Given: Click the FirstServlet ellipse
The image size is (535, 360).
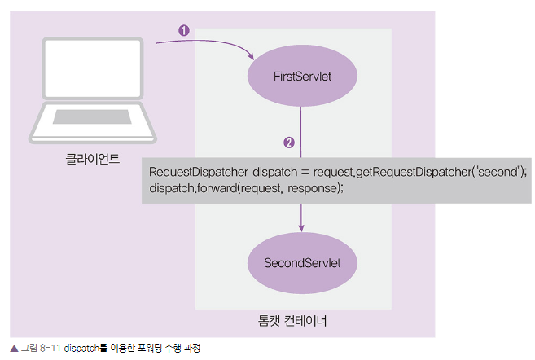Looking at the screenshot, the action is click(302, 76).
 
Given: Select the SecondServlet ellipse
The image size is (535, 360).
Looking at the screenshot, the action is click(302, 263).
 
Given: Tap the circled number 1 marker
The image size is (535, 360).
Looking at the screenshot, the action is click(184, 30).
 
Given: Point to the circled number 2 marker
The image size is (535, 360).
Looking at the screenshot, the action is click(289, 143).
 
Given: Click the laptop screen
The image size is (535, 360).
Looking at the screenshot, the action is click(93, 68).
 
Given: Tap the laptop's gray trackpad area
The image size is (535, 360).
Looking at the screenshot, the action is click(92, 116).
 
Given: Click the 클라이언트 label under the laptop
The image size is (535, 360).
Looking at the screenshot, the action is click(93, 159).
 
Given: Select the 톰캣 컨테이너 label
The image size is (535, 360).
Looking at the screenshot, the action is click(292, 321).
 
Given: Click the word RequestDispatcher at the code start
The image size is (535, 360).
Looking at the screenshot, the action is click(198, 172).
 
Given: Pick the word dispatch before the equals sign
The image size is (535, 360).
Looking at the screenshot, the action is click(274, 172).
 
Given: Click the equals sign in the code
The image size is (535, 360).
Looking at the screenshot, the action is click(305, 173).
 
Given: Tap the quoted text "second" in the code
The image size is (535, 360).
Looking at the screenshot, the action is click(498, 171).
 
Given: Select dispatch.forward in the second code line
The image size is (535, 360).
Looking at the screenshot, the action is click(192, 188).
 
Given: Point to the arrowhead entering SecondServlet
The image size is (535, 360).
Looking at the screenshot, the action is click(301, 228).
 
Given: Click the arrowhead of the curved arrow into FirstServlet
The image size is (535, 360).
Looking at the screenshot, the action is click(251, 56).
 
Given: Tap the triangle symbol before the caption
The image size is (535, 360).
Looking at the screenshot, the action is click(14, 349).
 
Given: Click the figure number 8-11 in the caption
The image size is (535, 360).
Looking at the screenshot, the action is click(50, 348).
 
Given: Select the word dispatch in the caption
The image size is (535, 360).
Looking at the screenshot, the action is click(81, 349).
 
